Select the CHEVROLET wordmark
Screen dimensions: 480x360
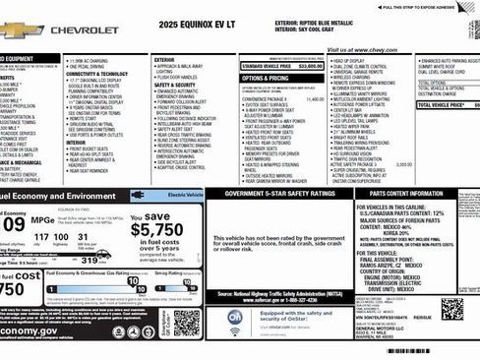click(x=83, y=30)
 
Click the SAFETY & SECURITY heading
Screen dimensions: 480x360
click(x=176, y=85)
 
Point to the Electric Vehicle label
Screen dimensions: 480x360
click(x=184, y=196)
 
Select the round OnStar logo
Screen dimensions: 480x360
click(x=236, y=317)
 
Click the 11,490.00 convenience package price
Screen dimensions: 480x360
click(x=315, y=98)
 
